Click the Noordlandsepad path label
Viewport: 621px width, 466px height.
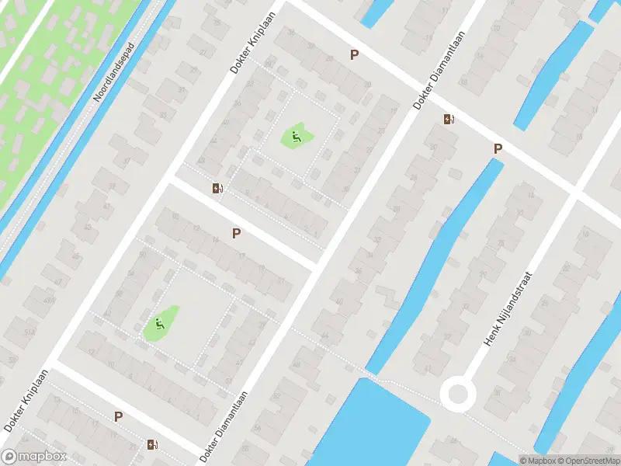click(x=113, y=72)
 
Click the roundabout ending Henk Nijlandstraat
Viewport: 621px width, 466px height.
click(x=457, y=394)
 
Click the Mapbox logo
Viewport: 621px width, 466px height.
click(x=34, y=457)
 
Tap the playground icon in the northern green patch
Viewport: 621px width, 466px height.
click(x=296, y=138)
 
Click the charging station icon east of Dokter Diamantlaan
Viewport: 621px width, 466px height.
click(x=449, y=120)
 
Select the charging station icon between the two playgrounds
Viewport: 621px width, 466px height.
click(x=218, y=188)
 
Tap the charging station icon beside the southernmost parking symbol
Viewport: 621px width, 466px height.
click(x=153, y=445)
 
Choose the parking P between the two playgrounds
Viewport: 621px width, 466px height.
click(x=236, y=232)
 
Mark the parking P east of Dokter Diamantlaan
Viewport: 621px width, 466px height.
click(x=498, y=148)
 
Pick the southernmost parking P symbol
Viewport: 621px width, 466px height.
click(x=118, y=416)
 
